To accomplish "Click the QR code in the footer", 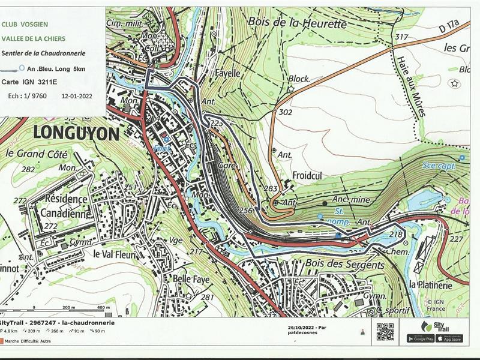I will point(385,332).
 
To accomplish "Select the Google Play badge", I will point(420,338).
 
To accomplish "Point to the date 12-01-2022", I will point(77,95).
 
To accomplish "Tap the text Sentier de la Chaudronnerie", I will point(44,53).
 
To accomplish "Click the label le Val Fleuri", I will point(116,253).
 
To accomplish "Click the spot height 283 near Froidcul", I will point(271,190).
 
